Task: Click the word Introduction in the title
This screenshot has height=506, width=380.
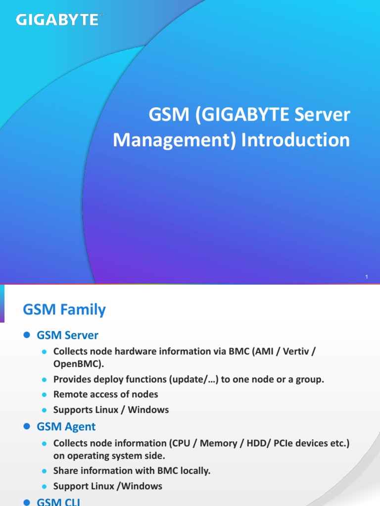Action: pyautogui.click(x=295, y=140)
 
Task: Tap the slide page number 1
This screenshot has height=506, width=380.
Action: pyautogui.click(x=367, y=277)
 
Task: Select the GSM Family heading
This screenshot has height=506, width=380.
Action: pyautogui.click(x=64, y=310)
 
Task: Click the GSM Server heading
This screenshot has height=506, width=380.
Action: pyautogui.click(x=67, y=335)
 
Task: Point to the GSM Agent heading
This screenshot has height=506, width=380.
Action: pyautogui.click(x=66, y=426)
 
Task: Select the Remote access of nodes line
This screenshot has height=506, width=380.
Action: pyautogui.click(x=105, y=394)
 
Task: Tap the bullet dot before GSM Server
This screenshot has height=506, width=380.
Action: pyautogui.click(x=27, y=336)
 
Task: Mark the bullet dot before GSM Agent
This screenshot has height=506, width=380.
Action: pyautogui.click(x=27, y=426)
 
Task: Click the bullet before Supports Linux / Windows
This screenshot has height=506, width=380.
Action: pyautogui.click(x=44, y=410)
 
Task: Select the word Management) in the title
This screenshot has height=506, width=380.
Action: pyautogui.click(x=174, y=140)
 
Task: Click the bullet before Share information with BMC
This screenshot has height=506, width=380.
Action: pyautogui.click(x=44, y=471)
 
